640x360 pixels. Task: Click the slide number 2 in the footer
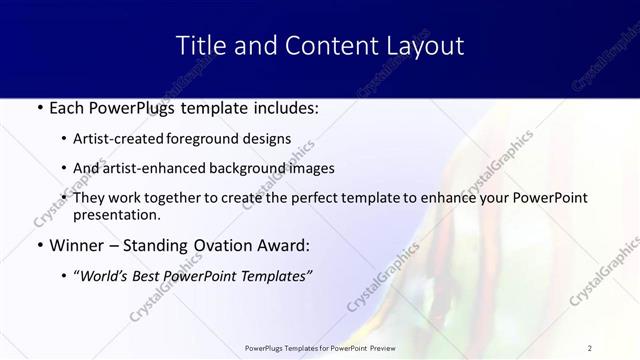point(590,347)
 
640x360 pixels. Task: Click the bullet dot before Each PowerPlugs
point(39,108)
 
